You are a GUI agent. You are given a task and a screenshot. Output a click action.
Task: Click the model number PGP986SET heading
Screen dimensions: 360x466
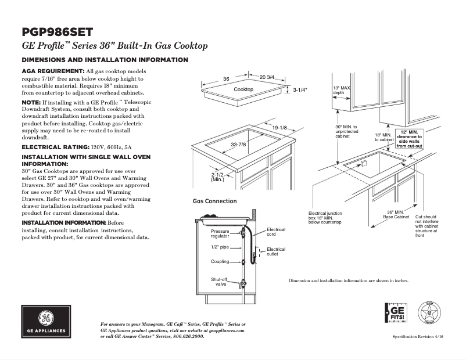(x=57, y=33)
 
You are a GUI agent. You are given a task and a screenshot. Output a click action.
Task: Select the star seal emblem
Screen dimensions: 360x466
(x=431, y=315)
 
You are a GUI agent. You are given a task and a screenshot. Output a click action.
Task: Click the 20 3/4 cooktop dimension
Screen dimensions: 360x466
(x=267, y=77)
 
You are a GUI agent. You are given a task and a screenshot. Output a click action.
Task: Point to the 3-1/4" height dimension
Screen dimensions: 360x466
(x=300, y=90)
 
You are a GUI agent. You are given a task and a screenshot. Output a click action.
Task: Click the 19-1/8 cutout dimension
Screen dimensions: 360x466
(x=279, y=128)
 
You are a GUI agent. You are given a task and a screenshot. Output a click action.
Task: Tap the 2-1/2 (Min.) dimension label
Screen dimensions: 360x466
(x=218, y=177)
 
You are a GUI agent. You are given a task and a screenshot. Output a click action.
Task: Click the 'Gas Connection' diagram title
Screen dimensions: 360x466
(x=214, y=201)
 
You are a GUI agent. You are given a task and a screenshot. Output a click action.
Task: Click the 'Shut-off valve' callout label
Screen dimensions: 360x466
(x=219, y=282)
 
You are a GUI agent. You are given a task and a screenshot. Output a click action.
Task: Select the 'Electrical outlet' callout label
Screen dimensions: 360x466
(x=276, y=251)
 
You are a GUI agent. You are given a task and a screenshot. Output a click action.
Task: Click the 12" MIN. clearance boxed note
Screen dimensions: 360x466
(x=409, y=139)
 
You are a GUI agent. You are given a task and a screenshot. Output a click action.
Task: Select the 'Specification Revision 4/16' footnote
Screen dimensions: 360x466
(x=417, y=337)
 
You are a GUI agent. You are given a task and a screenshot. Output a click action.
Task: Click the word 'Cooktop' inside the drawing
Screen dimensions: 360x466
(x=243, y=90)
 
